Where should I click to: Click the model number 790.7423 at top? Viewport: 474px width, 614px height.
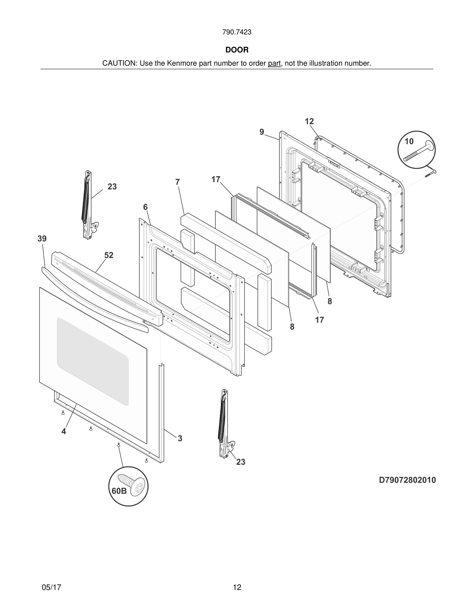click(x=237, y=32)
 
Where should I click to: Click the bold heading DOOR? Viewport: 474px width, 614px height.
click(x=237, y=50)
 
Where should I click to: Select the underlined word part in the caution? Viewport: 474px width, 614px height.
click(x=274, y=64)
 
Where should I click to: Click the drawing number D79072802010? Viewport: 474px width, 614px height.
click(x=407, y=480)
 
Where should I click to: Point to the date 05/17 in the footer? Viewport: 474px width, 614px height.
click(x=51, y=587)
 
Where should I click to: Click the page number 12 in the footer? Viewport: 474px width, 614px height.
click(x=237, y=587)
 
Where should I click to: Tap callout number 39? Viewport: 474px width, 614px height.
click(x=42, y=239)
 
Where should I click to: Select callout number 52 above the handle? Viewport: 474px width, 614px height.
click(x=109, y=255)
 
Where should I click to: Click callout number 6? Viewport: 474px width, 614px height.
click(x=145, y=207)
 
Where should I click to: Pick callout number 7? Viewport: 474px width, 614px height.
click(x=177, y=182)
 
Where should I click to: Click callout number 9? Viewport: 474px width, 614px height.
click(x=262, y=132)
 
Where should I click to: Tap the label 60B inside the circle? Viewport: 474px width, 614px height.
click(x=119, y=491)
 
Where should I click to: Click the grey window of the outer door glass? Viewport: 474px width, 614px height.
click(x=93, y=361)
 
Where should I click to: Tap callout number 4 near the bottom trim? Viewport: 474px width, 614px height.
click(x=64, y=431)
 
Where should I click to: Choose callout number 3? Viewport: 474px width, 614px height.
click(x=180, y=438)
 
